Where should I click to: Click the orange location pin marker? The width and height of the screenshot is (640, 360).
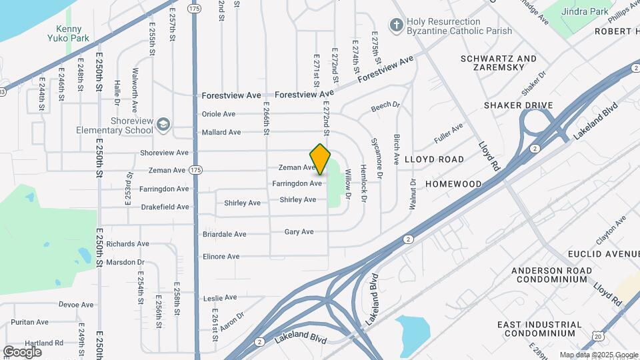coord(320,159)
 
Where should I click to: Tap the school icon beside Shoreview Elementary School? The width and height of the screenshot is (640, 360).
coord(163,125)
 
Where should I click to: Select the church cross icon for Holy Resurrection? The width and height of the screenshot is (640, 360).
coord(397,26)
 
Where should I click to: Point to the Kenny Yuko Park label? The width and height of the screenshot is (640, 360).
coord(69,33)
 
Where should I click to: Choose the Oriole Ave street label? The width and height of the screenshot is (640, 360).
coord(219,114)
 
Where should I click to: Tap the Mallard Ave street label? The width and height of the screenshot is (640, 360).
coord(221,132)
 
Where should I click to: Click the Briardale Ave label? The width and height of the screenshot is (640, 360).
coord(224,234)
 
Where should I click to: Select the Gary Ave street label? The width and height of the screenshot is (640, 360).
coord(299,232)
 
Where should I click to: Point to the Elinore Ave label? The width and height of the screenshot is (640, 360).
coord(221,257)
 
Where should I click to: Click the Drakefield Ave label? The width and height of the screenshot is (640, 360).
coord(165,207)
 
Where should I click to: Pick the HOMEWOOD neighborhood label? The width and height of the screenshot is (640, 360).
coord(453,184)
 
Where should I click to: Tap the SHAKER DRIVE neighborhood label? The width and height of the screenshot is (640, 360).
coord(519,105)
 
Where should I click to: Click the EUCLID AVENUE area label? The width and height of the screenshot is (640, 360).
coord(603,254)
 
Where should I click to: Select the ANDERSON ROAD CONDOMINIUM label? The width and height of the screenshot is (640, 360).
coord(551,275)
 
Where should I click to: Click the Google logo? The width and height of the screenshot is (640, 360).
coord(22,351)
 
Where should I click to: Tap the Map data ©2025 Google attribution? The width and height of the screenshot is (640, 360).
coord(597,355)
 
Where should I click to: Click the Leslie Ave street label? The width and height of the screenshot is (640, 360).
coord(220,297)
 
